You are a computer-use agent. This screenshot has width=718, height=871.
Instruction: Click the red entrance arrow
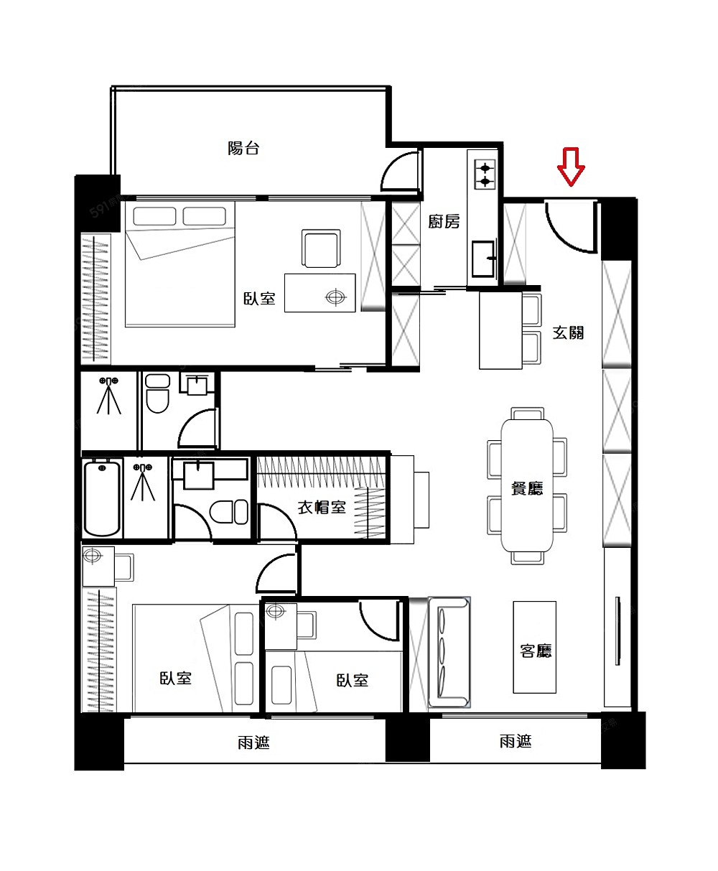pyautogui.click(x=571, y=166)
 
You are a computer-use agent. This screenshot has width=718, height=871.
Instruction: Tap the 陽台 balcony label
pyautogui.click(x=243, y=148)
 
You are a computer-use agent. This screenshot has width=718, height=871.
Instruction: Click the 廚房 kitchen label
pyautogui.click(x=444, y=221)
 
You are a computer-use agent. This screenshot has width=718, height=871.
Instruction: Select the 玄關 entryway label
pyautogui.click(x=568, y=332)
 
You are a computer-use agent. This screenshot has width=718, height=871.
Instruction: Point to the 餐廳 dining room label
pyautogui.click(x=527, y=488)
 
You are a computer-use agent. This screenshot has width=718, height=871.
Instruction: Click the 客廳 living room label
pyautogui.click(x=536, y=651)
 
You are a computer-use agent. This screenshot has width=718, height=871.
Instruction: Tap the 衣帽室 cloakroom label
pyautogui.click(x=322, y=507)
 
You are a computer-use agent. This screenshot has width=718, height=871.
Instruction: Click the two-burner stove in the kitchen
pyautogui.click(x=485, y=174)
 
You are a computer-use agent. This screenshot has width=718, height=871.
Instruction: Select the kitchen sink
pyautogui.click(x=484, y=258)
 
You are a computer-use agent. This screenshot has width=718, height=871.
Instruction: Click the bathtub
pyautogui.click(x=102, y=498)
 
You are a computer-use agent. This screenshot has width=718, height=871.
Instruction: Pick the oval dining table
pyautogui.click(x=527, y=485)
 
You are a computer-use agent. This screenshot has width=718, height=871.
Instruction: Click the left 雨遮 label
pyautogui.click(x=253, y=742)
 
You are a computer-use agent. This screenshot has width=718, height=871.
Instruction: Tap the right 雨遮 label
pyautogui.click(x=516, y=741)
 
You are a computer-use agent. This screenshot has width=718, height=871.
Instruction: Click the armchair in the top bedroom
pyautogui.click(x=321, y=248)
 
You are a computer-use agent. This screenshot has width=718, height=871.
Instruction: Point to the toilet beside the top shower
pyautogui.click(x=157, y=393)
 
